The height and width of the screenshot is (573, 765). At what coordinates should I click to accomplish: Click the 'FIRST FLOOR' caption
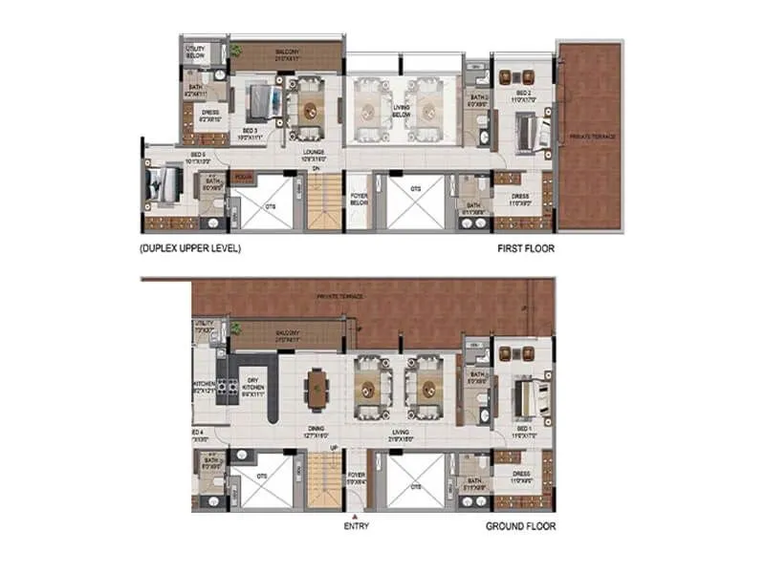(x=525, y=248)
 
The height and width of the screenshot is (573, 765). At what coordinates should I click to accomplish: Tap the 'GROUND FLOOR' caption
(x=520, y=525)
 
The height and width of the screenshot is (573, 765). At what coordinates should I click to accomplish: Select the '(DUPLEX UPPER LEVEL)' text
(x=190, y=248)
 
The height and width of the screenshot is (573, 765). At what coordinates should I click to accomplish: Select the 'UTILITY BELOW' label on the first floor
(x=195, y=53)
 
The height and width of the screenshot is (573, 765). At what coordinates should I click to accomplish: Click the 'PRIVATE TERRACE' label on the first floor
(x=593, y=137)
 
